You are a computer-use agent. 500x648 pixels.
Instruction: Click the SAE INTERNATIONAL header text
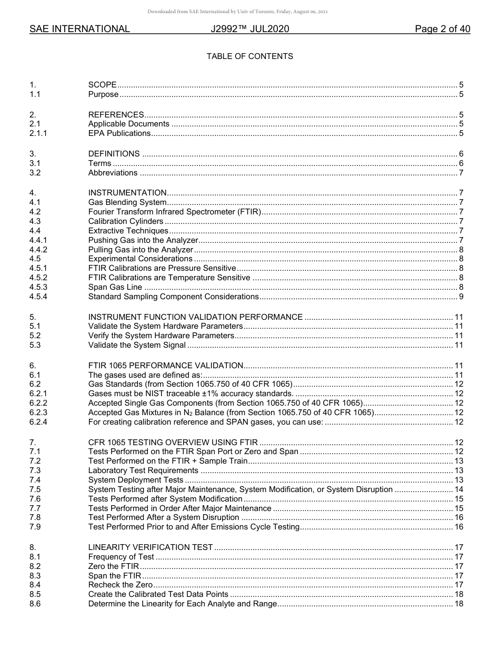click(x=79, y=29)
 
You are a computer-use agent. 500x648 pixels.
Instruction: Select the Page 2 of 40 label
click(x=442, y=29)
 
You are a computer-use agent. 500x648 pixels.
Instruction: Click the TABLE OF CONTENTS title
click(x=249, y=56)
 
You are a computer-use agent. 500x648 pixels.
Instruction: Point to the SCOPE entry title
click(x=102, y=85)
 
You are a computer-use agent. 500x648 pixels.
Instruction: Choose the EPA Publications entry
click(x=119, y=133)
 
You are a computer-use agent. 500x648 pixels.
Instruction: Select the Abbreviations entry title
click(x=113, y=173)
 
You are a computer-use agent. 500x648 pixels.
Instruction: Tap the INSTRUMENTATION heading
click(x=127, y=193)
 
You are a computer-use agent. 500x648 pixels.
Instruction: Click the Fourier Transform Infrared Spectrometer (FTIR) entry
click(x=175, y=212)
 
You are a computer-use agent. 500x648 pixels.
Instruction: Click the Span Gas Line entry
click(x=115, y=287)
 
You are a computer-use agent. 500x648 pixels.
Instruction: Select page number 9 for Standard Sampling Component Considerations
click(x=461, y=297)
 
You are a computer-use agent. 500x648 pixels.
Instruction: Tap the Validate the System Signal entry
click(x=137, y=345)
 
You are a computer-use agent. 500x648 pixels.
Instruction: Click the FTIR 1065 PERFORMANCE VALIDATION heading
click(x=165, y=366)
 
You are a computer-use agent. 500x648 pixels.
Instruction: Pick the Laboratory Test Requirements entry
click(x=144, y=470)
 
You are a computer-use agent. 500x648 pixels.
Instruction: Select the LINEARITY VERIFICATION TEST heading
click(x=151, y=547)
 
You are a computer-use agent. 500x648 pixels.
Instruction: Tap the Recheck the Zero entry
click(x=121, y=585)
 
